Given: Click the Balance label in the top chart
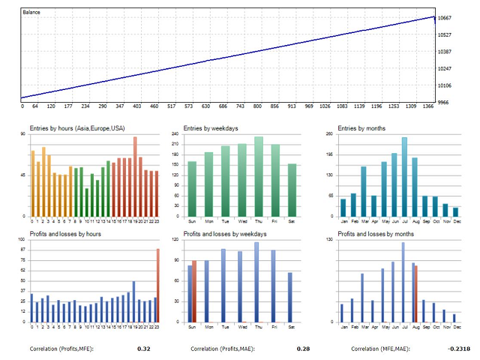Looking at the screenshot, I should point(32,13).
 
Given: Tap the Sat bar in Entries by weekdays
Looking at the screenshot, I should point(292,190).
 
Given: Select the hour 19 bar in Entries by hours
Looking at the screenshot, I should point(135,176).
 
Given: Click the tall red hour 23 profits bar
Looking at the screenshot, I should point(157,285).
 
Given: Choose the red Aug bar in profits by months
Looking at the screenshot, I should point(415,294).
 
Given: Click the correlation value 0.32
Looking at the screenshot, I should point(144,349).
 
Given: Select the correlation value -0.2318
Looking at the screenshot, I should point(460,349).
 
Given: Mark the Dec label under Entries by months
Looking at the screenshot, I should point(455,222).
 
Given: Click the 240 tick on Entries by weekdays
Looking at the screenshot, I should point(175,134).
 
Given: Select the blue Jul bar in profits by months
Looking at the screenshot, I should point(403,282).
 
